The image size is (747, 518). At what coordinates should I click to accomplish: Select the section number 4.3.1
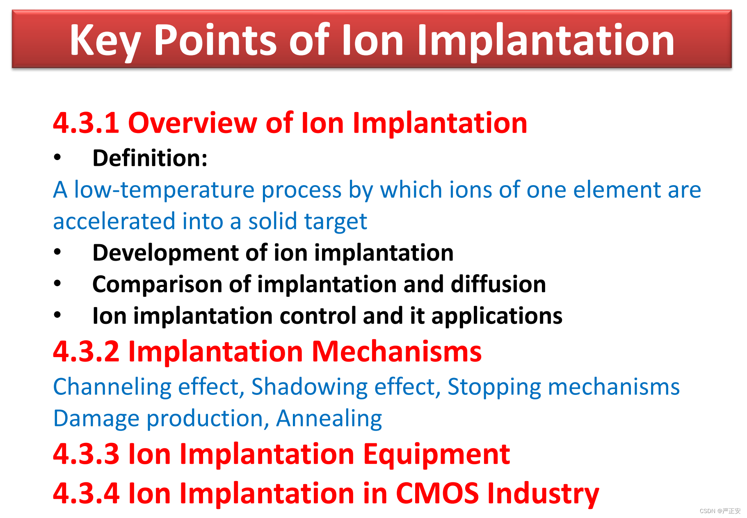pos(86,123)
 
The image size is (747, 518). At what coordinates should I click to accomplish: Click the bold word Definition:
pos(150,158)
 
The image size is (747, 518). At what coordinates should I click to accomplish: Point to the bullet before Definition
pos(57,158)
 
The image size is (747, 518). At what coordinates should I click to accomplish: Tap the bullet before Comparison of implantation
pos(57,284)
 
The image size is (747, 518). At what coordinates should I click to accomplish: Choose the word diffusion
pos(498,284)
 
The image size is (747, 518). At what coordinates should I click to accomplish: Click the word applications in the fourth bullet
pos(497,316)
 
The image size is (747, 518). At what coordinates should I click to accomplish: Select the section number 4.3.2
pos(86,352)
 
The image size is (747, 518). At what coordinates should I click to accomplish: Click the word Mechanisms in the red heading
pos(397,352)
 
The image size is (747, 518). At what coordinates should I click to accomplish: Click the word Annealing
pos(329,419)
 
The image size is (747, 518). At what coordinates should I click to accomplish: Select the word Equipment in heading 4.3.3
pos(436,455)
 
